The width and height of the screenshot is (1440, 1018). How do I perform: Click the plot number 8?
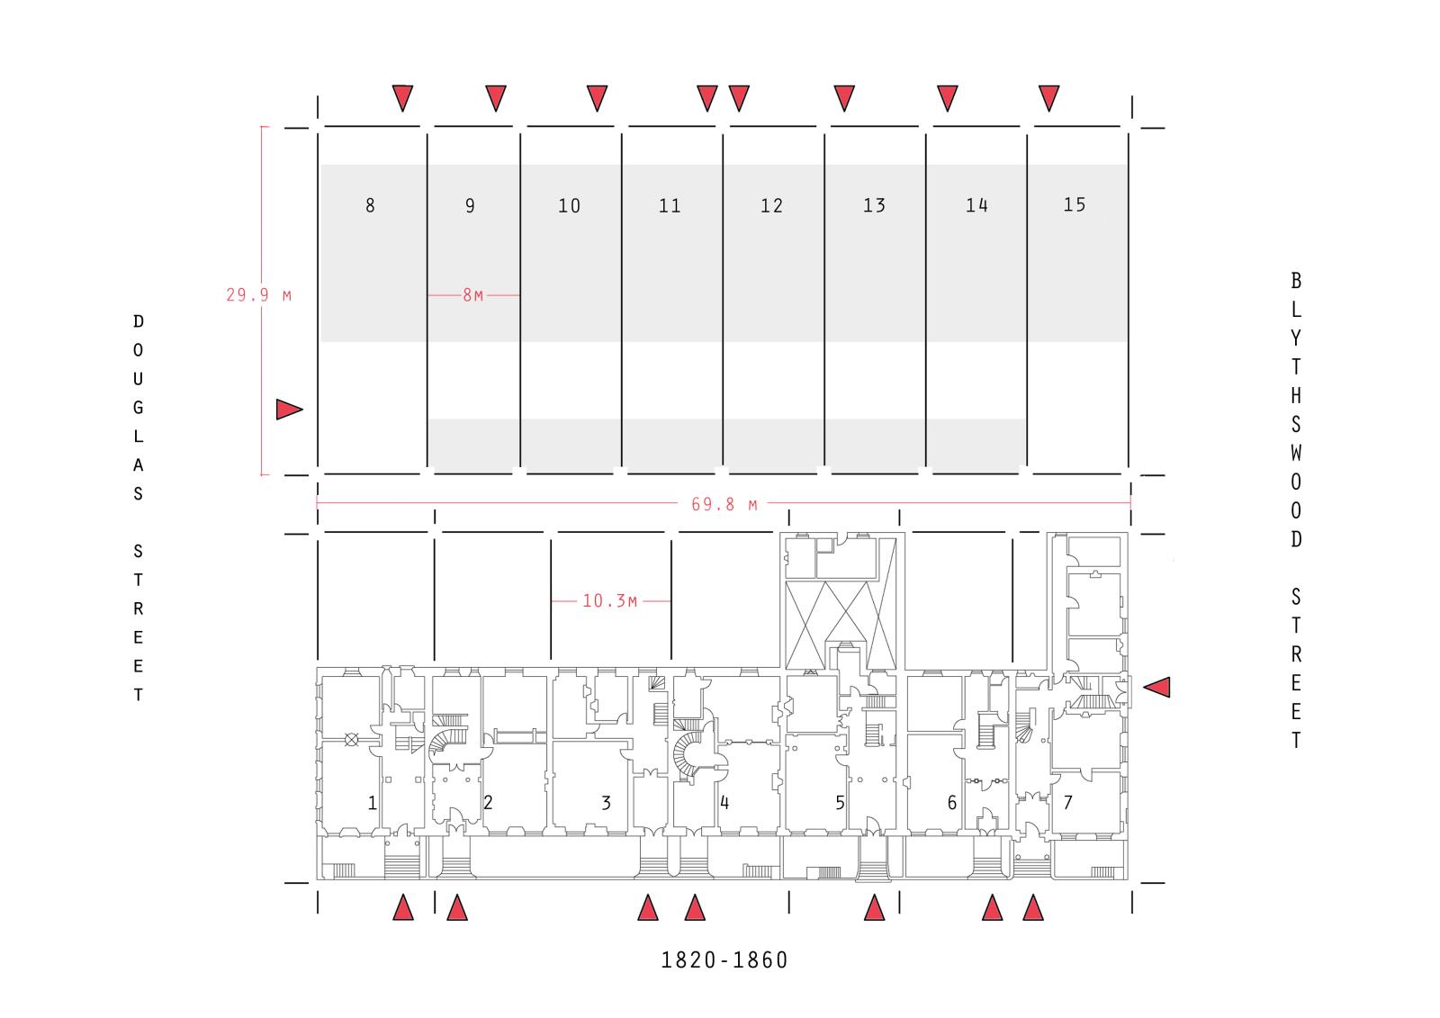(370, 205)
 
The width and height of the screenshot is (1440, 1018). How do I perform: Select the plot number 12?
(771, 206)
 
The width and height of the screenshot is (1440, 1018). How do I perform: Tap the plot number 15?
(1075, 204)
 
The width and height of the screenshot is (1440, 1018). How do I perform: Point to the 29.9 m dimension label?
(258, 295)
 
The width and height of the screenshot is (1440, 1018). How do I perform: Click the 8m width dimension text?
(473, 295)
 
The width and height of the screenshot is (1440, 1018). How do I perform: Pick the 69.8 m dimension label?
(724, 504)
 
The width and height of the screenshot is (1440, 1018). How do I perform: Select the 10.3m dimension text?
(609, 600)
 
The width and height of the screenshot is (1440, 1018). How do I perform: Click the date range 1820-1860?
(724, 960)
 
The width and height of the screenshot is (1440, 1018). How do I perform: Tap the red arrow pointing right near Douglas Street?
(289, 409)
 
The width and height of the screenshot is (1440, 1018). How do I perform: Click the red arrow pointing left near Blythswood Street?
(1156, 687)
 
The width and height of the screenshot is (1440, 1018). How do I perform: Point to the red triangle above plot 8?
(402, 98)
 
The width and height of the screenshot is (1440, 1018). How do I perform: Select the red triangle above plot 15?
(1049, 98)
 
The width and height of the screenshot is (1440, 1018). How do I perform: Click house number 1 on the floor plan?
(373, 803)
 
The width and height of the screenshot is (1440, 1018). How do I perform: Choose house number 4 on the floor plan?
(724, 803)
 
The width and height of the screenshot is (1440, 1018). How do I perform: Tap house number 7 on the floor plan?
(1067, 802)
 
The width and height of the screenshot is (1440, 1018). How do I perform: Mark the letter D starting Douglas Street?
(139, 321)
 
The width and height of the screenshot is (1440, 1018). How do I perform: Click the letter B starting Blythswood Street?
(1296, 281)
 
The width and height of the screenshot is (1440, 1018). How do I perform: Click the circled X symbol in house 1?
(352, 740)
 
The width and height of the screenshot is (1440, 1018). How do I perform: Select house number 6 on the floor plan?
(952, 803)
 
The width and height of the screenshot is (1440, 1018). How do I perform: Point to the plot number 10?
(569, 206)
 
